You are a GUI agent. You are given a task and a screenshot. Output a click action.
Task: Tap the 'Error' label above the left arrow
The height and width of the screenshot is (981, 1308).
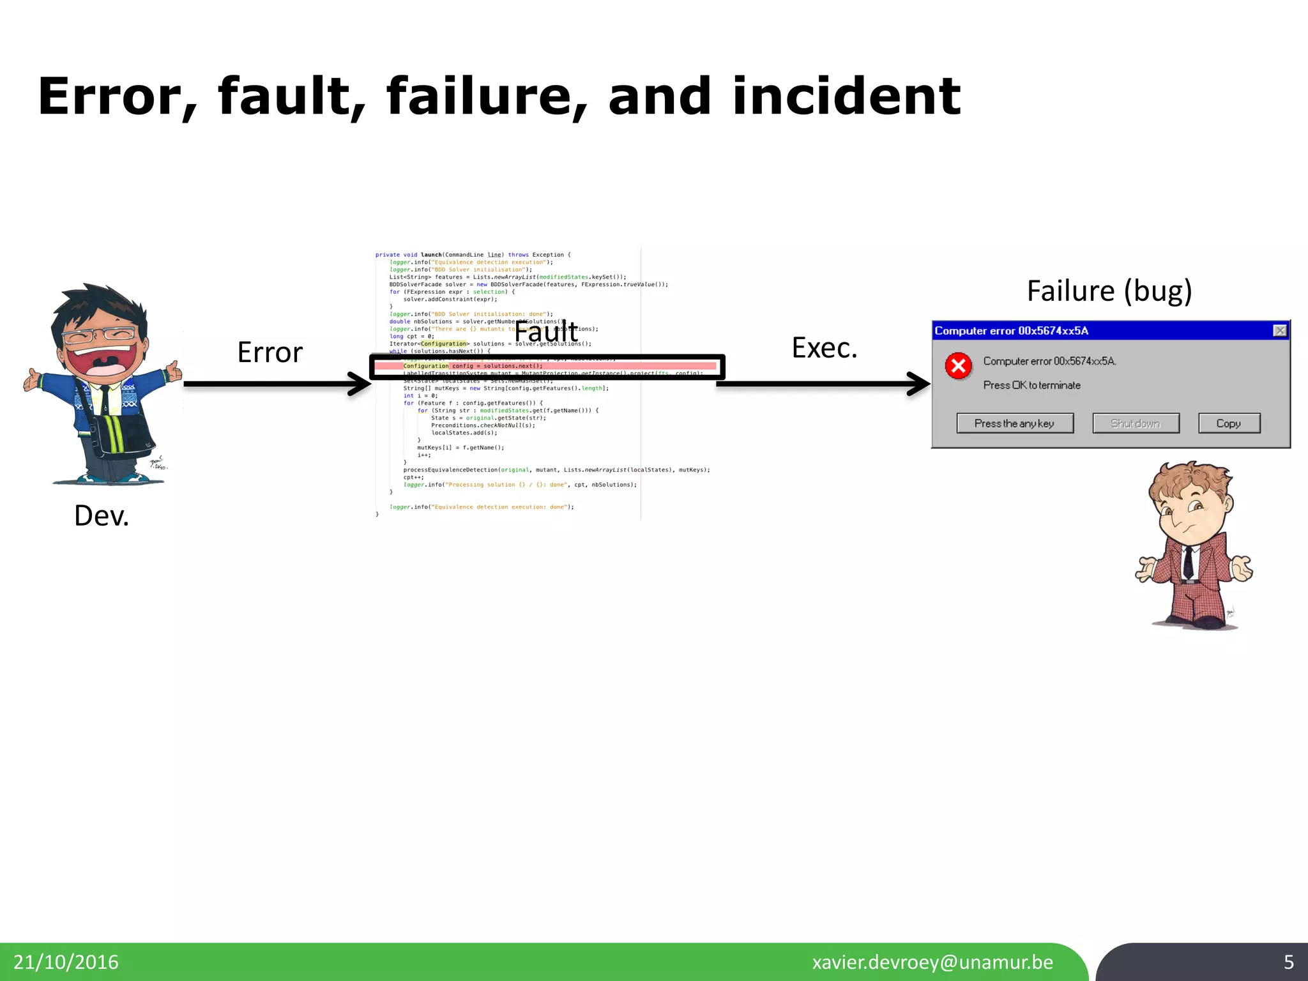click(270, 353)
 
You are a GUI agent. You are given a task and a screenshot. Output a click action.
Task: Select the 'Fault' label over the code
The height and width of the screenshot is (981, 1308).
click(546, 332)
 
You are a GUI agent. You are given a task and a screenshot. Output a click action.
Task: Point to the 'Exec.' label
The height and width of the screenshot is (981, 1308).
click(824, 348)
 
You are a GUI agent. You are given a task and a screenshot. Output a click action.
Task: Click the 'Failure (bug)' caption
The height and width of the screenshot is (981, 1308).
click(1109, 291)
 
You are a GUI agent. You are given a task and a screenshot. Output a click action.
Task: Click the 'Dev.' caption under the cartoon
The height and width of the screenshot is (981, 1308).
click(101, 516)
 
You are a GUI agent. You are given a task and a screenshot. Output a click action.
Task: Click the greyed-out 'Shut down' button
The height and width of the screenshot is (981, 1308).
click(1135, 423)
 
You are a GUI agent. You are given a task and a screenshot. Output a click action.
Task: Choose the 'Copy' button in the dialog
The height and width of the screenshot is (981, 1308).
click(1228, 423)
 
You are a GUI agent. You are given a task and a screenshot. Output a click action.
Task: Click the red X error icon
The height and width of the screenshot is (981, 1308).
click(958, 366)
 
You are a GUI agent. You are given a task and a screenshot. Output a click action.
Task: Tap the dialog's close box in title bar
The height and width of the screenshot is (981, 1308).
click(1279, 330)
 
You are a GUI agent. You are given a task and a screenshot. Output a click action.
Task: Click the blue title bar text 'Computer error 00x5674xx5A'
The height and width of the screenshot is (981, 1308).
click(1011, 331)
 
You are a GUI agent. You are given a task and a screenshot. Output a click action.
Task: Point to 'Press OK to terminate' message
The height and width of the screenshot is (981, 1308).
click(1031, 385)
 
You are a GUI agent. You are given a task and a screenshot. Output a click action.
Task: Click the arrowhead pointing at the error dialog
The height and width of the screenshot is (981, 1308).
click(920, 384)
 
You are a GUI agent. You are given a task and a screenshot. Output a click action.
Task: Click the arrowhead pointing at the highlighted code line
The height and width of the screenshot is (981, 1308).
click(360, 384)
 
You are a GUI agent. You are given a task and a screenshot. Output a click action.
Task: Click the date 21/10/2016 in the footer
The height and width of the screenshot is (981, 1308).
click(66, 962)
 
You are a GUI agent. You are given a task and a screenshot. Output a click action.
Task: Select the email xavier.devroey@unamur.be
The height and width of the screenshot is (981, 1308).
click(932, 962)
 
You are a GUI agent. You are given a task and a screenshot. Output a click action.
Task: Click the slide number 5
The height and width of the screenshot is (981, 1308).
click(1288, 962)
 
